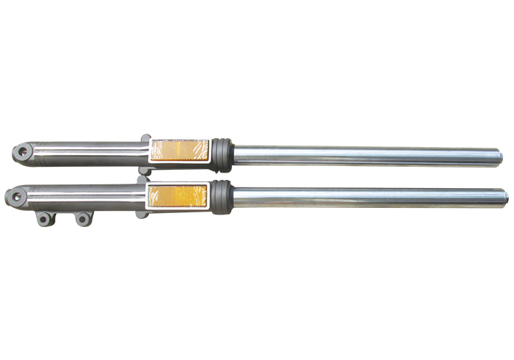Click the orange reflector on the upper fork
coord(180,152)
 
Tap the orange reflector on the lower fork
coord(180,195)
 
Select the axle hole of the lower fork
coord(14,196)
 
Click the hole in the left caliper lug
coord(46,218)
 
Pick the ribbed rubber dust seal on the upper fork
coord(223,153)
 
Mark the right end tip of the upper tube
coord(502,156)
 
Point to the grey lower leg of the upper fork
coord(88,152)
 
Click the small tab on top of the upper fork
coord(145,137)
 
